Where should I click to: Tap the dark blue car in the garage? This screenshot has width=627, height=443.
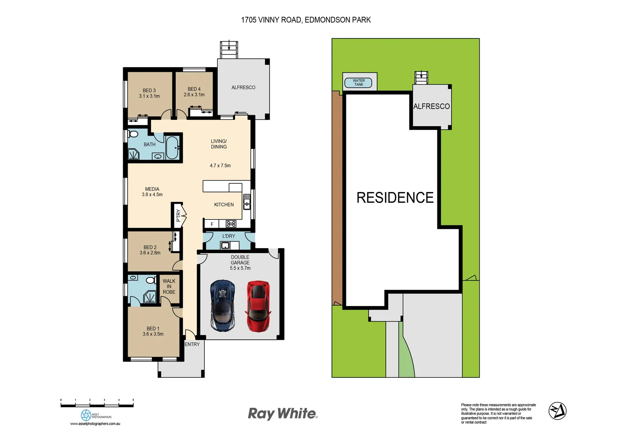222,306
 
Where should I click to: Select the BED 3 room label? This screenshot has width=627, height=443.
149,91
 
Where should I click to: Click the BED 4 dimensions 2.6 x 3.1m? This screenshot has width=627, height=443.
194,95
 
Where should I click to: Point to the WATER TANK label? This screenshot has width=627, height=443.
358,83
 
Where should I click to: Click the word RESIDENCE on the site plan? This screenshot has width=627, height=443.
395,198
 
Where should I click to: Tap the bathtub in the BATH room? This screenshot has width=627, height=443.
172,148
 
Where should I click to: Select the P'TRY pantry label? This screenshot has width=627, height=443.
178,215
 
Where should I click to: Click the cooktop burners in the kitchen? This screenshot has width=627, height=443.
231,224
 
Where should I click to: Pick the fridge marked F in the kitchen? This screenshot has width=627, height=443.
212,224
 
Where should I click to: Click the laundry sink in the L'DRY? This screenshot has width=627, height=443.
225,245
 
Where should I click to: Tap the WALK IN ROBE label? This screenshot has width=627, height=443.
169,286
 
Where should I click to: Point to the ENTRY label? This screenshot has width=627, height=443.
192,344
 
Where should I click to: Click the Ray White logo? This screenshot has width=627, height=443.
282,413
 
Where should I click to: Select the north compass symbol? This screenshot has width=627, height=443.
557,411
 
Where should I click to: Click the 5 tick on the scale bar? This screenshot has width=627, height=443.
133,400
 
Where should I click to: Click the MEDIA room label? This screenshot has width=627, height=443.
152,189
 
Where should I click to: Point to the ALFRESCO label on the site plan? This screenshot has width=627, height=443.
431,106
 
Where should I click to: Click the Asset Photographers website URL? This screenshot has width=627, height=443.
95,424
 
